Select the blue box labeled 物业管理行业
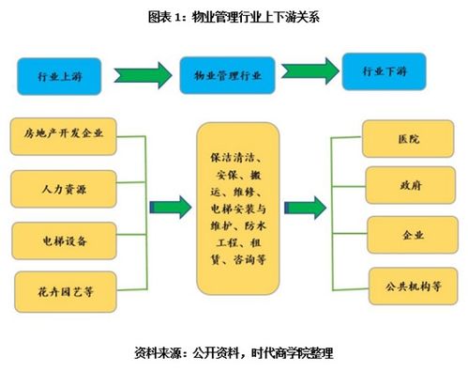(x=227, y=73)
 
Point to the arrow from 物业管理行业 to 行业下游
(x=308, y=72)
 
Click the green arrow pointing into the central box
(x=169, y=208)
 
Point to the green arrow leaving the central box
(x=304, y=208)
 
